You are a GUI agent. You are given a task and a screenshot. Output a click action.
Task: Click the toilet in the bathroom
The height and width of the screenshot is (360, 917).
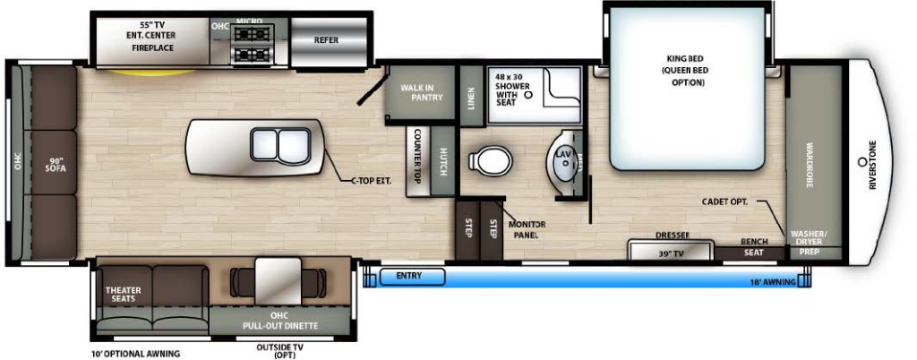(493, 161)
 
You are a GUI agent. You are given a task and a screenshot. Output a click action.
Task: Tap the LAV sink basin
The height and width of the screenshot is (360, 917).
(563, 161)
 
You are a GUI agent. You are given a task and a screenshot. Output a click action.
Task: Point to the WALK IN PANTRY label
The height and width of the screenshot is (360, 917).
(422, 92)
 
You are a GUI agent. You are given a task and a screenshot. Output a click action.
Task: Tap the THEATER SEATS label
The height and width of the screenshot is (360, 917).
(124, 294)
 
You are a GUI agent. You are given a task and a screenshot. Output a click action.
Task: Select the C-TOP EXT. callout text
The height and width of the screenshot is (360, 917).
(371, 181)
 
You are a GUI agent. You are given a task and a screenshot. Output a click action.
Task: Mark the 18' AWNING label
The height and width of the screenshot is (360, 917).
(772, 282)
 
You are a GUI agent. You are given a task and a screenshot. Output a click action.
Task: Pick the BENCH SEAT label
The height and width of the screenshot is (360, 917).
(750, 247)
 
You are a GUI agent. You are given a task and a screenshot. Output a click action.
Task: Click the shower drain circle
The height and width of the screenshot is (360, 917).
(528, 93)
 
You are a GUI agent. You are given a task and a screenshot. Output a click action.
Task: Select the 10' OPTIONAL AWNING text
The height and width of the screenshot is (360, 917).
(135, 354)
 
